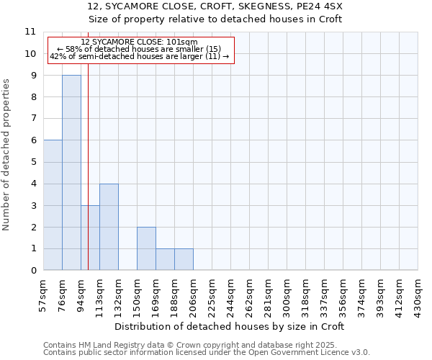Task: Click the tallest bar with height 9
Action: [71, 173]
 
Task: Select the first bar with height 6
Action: [53, 205]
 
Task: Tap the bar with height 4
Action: [109, 227]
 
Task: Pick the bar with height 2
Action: [146, 248]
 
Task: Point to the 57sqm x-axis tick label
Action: [43, 294]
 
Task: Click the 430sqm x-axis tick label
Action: [418, 294]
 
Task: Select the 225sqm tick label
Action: [212, 294]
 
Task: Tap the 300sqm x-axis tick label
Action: [287, 294]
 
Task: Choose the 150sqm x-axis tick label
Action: [137, 294]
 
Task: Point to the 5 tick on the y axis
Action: [32, 162]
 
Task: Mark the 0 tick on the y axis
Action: [32, 271]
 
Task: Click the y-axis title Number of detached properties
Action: [7, 155]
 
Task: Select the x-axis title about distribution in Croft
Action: [230, 326]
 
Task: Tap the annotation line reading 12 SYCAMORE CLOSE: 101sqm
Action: [139, 42]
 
